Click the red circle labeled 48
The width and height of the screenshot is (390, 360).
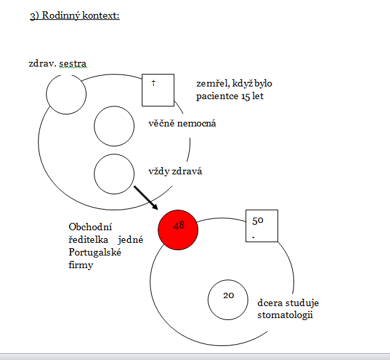click(x=178, y=230)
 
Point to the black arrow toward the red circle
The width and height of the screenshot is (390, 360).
click(x=146, y=198)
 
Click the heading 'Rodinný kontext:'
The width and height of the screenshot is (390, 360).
click(x=81, y=15)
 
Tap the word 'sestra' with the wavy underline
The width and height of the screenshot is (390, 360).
click(x=73, y=64)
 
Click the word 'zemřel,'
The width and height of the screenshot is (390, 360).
click(x=213, y=84)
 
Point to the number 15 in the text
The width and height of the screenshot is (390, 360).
click(x=245, y=96)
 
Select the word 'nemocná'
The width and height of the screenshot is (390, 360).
click(x=196, y=123)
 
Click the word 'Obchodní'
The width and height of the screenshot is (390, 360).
click(x=91, y=227)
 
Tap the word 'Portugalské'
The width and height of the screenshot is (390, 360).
click(x=95, y=252)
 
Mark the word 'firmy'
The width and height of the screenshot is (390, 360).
click(x=81, y=265)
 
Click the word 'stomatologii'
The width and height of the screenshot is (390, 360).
click(x=285, y=315)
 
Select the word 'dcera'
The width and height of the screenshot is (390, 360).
click(x=270, y=303)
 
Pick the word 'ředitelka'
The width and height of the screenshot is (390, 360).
click(x=89, y=240)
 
